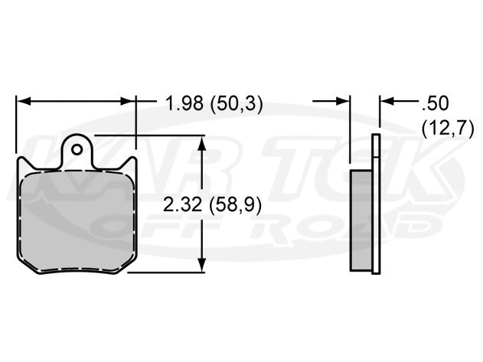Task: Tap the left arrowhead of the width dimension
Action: [23, 101]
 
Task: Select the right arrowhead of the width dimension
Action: [129, 101]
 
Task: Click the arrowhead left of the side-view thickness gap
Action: [344, 101]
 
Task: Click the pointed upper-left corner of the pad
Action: [18, 161]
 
